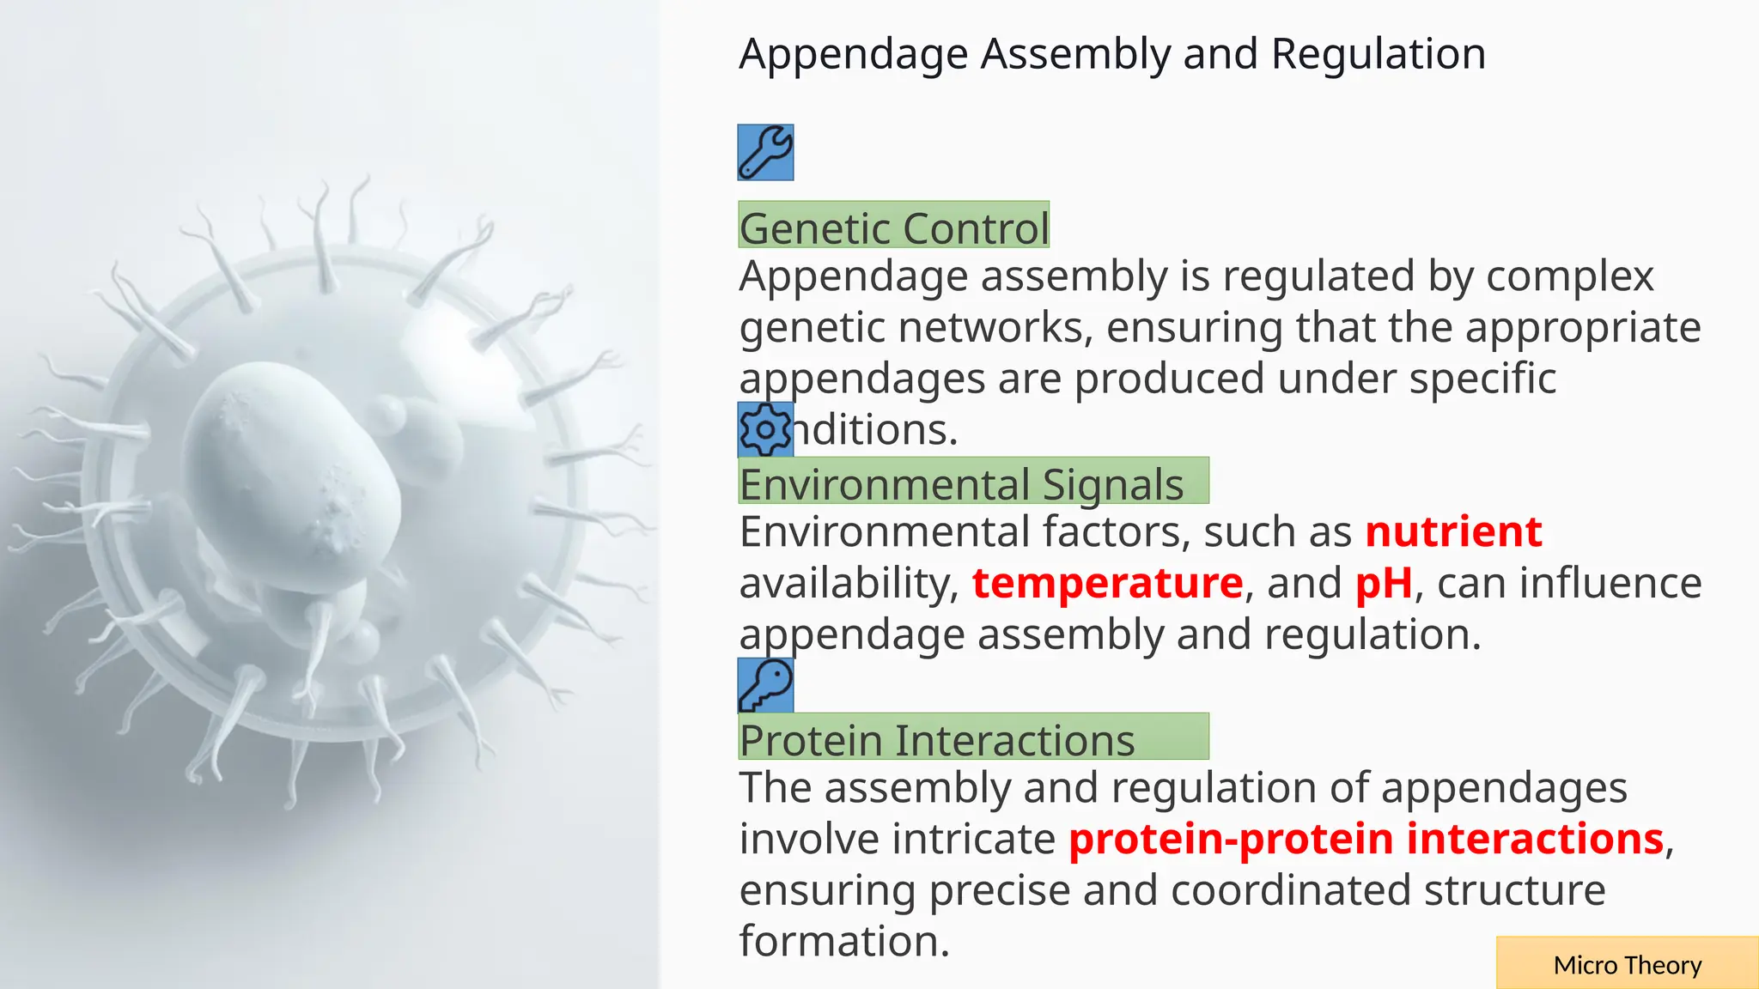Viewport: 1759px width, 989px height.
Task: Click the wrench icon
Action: (765, 153)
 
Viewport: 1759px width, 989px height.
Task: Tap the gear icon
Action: (765, 428)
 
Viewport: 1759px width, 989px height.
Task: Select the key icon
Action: (765, 685)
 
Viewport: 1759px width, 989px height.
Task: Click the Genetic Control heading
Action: (893, 227)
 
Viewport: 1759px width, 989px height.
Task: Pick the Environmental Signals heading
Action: (962, 483)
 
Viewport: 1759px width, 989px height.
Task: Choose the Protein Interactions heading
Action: (937, 739)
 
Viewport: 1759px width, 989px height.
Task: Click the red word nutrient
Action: (1453, 531)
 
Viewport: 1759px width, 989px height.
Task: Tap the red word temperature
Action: (1107, 583)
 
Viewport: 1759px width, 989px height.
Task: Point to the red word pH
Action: (1383, 583)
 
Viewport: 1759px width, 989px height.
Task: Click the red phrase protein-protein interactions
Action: (1366, 839)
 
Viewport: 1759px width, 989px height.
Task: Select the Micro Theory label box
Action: (1627, 964)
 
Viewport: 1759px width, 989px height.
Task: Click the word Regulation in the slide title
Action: (1378, 54)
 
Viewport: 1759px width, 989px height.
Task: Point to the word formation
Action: (844, 941)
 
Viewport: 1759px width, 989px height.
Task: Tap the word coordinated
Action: (1290, 890)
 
